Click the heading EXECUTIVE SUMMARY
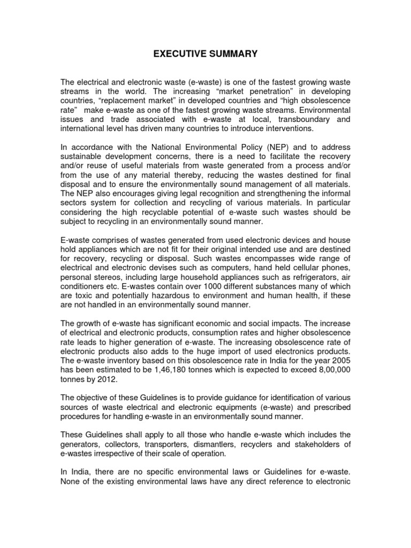pos(205,54)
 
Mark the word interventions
pos(295,129)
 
